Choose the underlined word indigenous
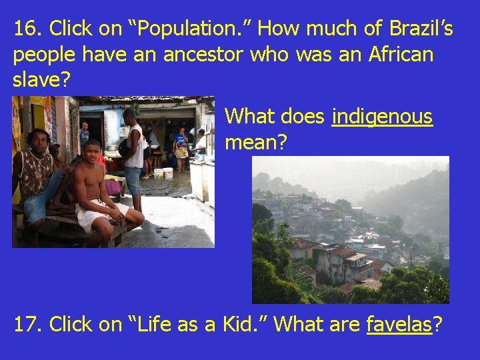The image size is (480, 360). click(x=382, y=117)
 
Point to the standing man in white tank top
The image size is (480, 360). click(x=134, y=150)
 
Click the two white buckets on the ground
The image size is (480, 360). click(x=163, y=173)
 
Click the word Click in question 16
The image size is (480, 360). click(x=74, y=29)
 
